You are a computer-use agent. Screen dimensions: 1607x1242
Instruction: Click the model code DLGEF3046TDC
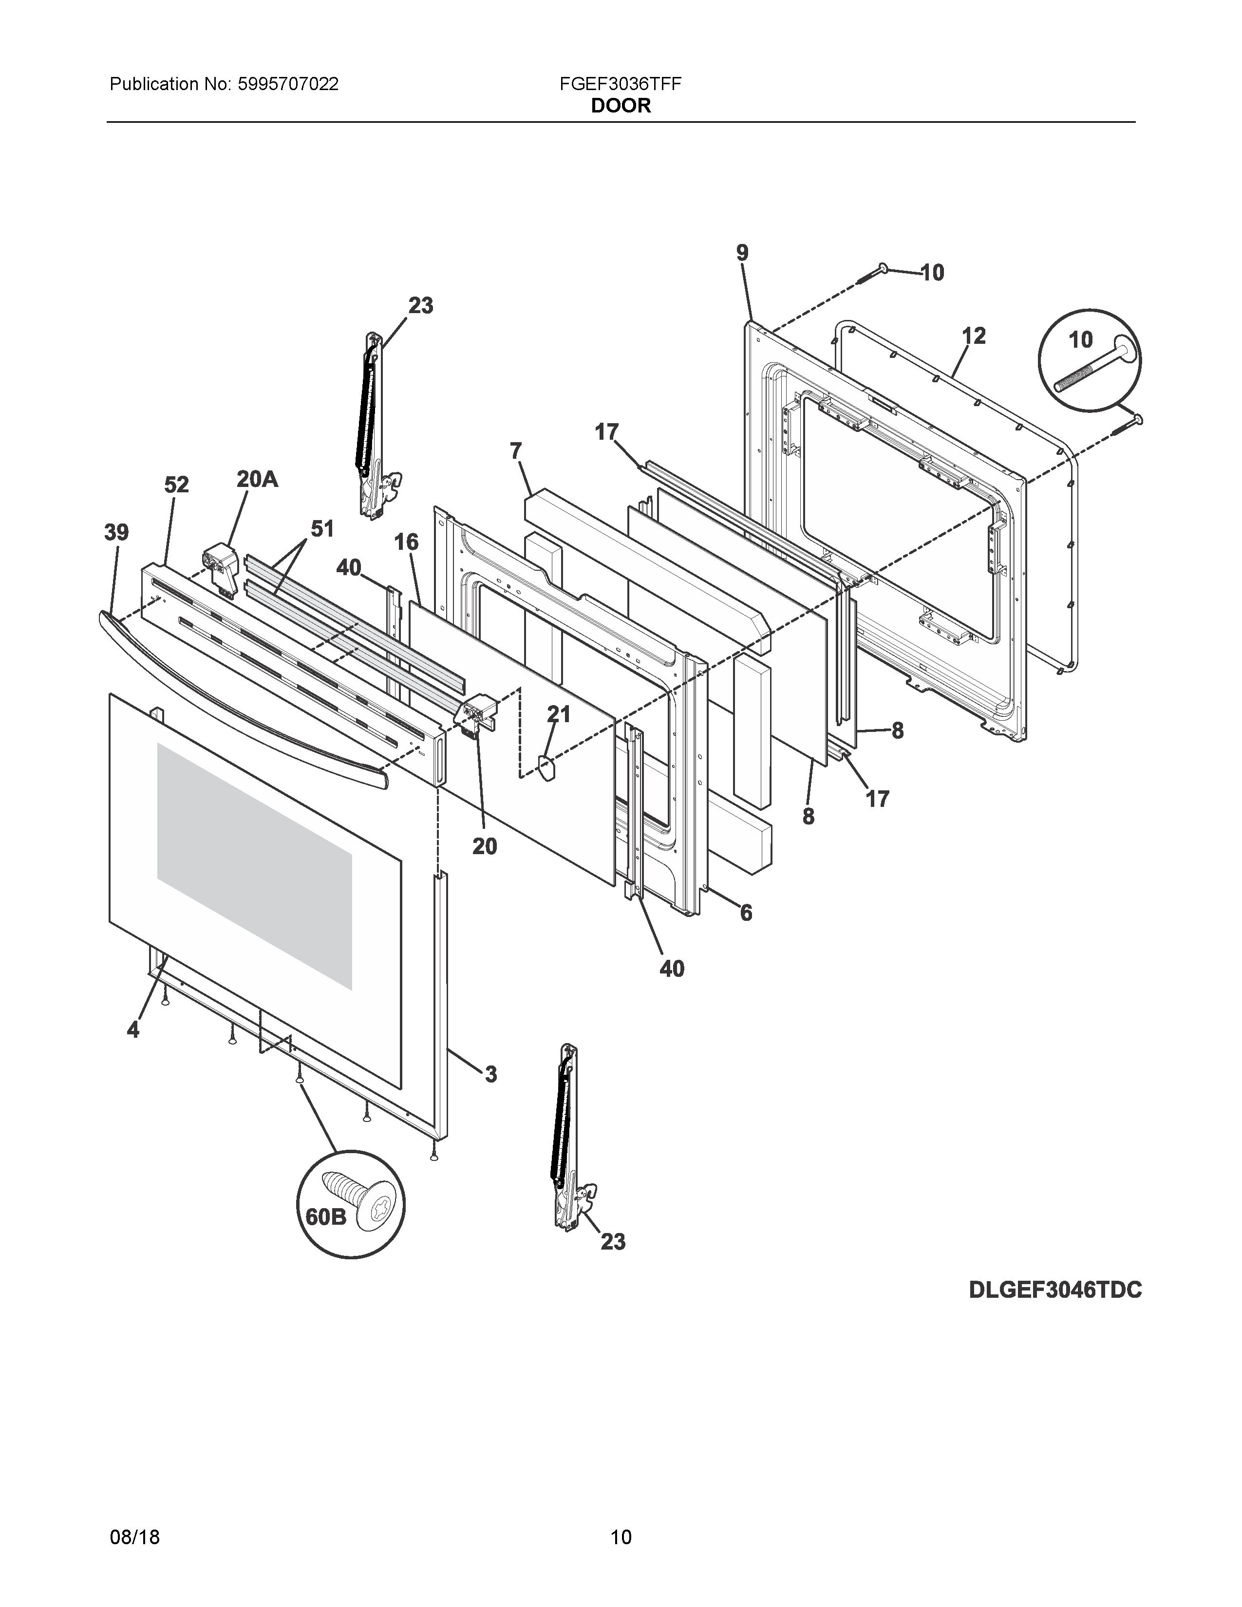tap(1055, 1290)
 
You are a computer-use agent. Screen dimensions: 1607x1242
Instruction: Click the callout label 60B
tap(325, 1216)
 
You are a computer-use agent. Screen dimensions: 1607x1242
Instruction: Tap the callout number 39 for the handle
tap(116, 532)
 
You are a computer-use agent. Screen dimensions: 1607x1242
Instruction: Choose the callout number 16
tap(406, 542)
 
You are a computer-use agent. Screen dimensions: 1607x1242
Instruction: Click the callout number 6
tap(746, 913)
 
